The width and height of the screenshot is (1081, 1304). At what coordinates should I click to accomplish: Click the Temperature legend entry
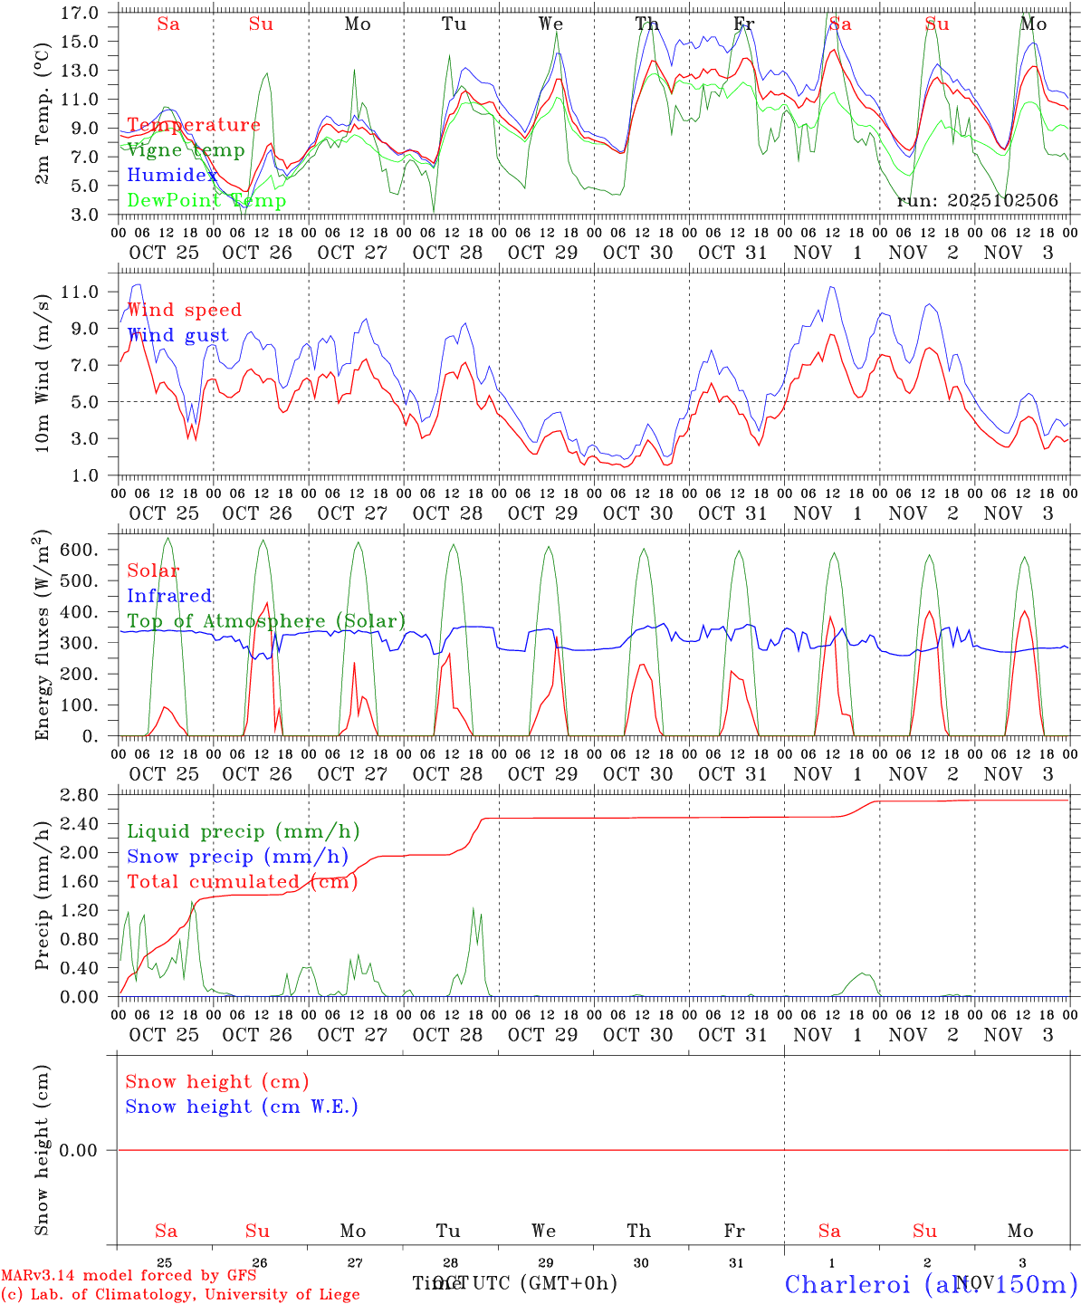pyautogui.click(x=194, y=125)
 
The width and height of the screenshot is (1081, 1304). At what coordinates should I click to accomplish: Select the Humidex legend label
pyautogui.click(x=173, y=176)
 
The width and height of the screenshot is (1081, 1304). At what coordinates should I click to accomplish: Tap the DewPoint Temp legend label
pyautogui.click(x=206, y=201)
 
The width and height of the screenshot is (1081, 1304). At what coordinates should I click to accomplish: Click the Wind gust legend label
pyautogui.click(x=177, y=335)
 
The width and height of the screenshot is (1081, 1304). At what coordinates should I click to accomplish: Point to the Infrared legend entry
pyautogui.click(x=169, y=596)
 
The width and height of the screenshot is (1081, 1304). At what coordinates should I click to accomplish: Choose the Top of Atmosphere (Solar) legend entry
pyautogui.click(x=265, y=621)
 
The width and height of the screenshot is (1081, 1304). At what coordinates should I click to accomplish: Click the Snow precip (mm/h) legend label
pyautogui.click(x=237, y=857)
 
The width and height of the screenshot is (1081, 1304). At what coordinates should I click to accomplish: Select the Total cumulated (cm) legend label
pyautogui.click(x=242, y=882)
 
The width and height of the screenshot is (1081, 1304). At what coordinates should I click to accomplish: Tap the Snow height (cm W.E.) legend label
pyautogui.click(x=242, y=1107)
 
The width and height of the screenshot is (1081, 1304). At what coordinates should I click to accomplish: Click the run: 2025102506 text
pyautogui.click(x=977, y=201)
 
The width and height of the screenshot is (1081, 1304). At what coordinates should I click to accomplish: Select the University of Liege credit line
pyautogui.click(x=181, y=1294)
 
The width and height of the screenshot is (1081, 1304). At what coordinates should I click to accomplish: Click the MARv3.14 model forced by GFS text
pyautogui.click(x=129, y=1275)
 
